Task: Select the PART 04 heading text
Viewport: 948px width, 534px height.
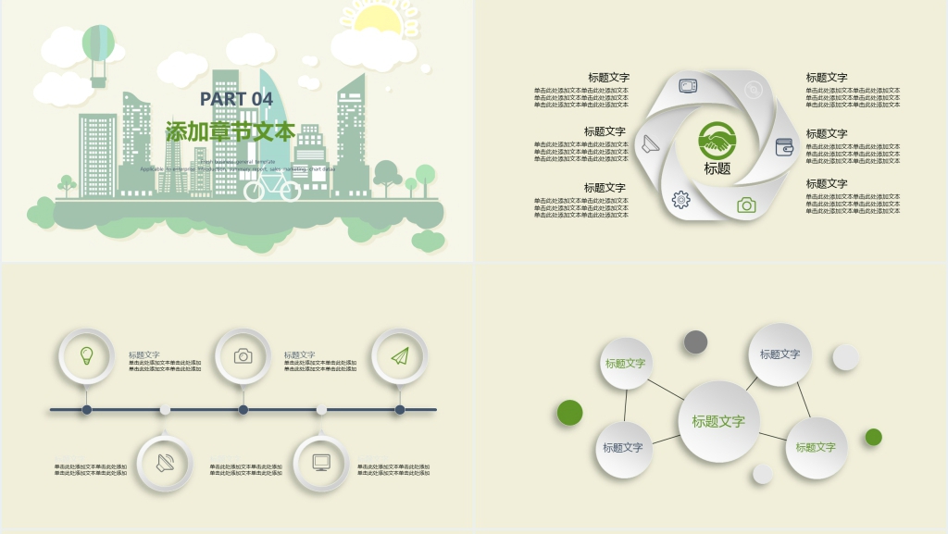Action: point(237,99)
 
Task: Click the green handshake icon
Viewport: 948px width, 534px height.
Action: point(717,141)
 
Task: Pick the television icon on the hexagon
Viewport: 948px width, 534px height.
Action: point(688,86)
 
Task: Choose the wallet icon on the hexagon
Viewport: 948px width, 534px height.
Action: point(784,146)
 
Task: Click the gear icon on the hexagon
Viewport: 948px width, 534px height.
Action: point(680,199)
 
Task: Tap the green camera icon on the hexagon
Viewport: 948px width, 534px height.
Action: point(746,205)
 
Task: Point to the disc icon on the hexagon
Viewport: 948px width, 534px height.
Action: point(754,89)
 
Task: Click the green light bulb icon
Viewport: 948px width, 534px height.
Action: point(86,355)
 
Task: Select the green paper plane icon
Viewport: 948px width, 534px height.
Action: point(399,355)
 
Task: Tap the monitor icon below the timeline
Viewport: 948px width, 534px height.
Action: point(321,462)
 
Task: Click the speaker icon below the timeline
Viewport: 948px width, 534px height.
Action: point(165,462)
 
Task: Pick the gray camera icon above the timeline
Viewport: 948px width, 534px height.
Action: point(243,355)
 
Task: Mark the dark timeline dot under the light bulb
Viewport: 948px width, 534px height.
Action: point(86,409)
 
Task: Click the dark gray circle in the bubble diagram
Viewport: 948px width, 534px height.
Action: point(696,342)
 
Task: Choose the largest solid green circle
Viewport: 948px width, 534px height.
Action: point(569,413)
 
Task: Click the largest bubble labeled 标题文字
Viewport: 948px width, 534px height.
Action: point(718,422)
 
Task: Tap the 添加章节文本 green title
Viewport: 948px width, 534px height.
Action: point(231,131)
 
